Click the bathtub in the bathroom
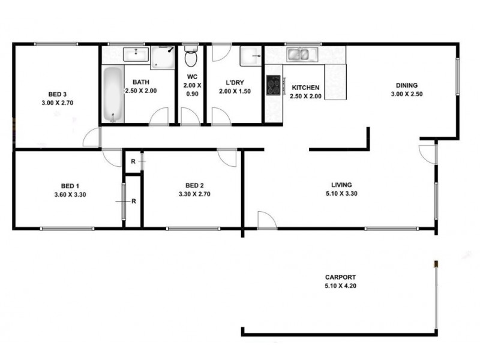(x=112, y=94)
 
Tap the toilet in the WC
(x=191, y=57)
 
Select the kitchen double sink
(x=299, y=55)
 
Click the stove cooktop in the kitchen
(x=273, y=85)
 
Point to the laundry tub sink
(x=250, y=56)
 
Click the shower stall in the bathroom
(x=163, y=57)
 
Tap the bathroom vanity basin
(x=136, y=55)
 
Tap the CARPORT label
(x=340, y=277)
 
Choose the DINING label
(x=406, y=85)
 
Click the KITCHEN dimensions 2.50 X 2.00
(x=305, y=96)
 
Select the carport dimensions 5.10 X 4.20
(x=340, y=286)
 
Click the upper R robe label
(x=133, y=161)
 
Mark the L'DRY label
(x=233, y=82)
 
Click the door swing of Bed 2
(x=227, y=158)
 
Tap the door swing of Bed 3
(x=92, y=139)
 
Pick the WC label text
(x=192, y=77)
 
